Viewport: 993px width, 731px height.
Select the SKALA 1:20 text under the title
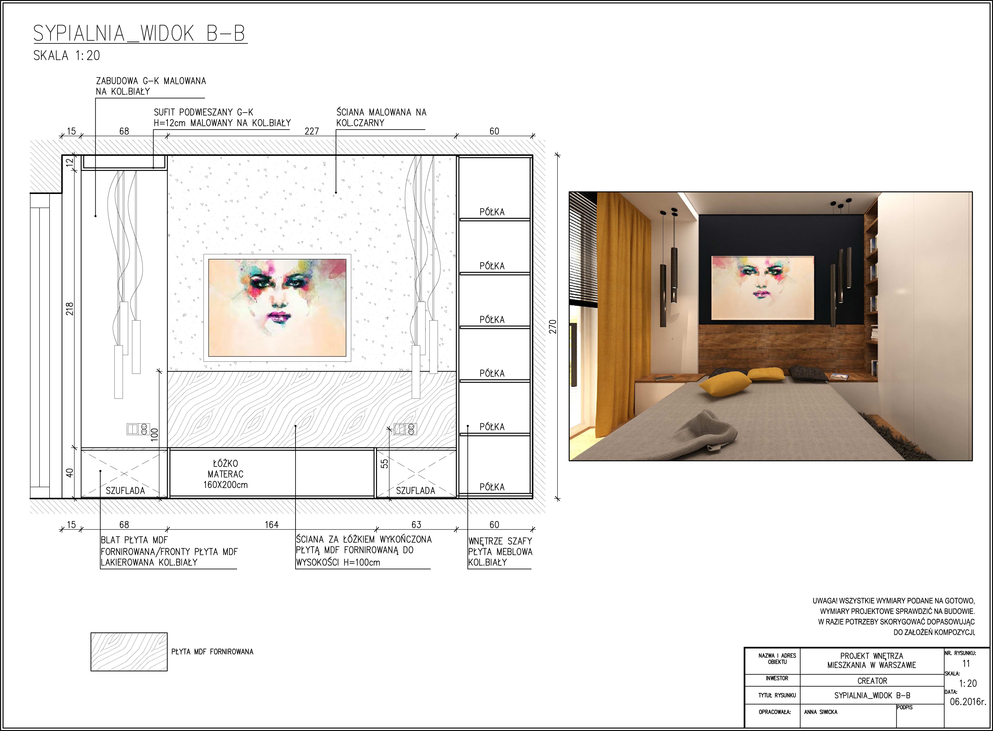point(67,56)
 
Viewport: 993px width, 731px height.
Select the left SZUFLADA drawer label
point(125,490)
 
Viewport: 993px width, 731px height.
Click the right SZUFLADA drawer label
point(416,490)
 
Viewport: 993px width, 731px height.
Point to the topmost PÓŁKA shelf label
point(492,212)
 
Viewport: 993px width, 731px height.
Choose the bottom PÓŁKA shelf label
point(492,487)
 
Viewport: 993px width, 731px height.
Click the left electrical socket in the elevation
point(138,429)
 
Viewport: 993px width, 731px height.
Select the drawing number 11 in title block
point(966,664)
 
